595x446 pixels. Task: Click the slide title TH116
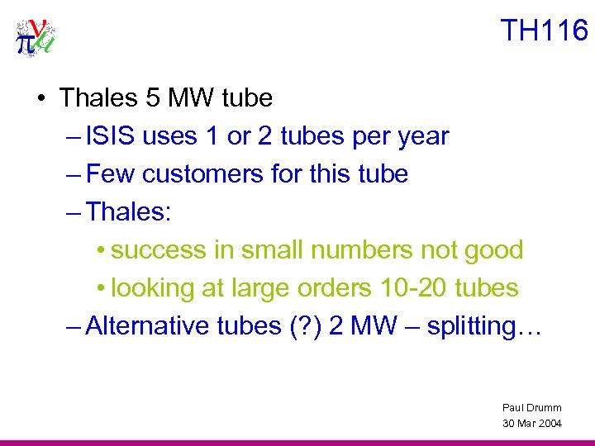545,31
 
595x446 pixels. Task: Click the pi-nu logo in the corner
35,36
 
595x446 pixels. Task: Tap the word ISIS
112,136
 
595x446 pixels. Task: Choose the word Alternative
136,326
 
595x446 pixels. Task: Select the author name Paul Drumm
531,407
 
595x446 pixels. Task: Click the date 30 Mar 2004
531,423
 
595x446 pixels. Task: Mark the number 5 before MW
150,98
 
